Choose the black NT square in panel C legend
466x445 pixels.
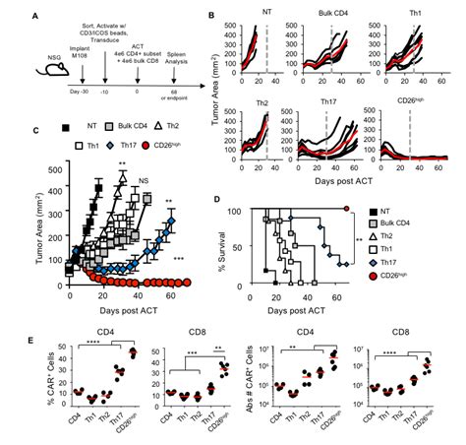[66, 128]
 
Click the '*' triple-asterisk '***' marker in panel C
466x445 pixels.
[178, 259]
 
